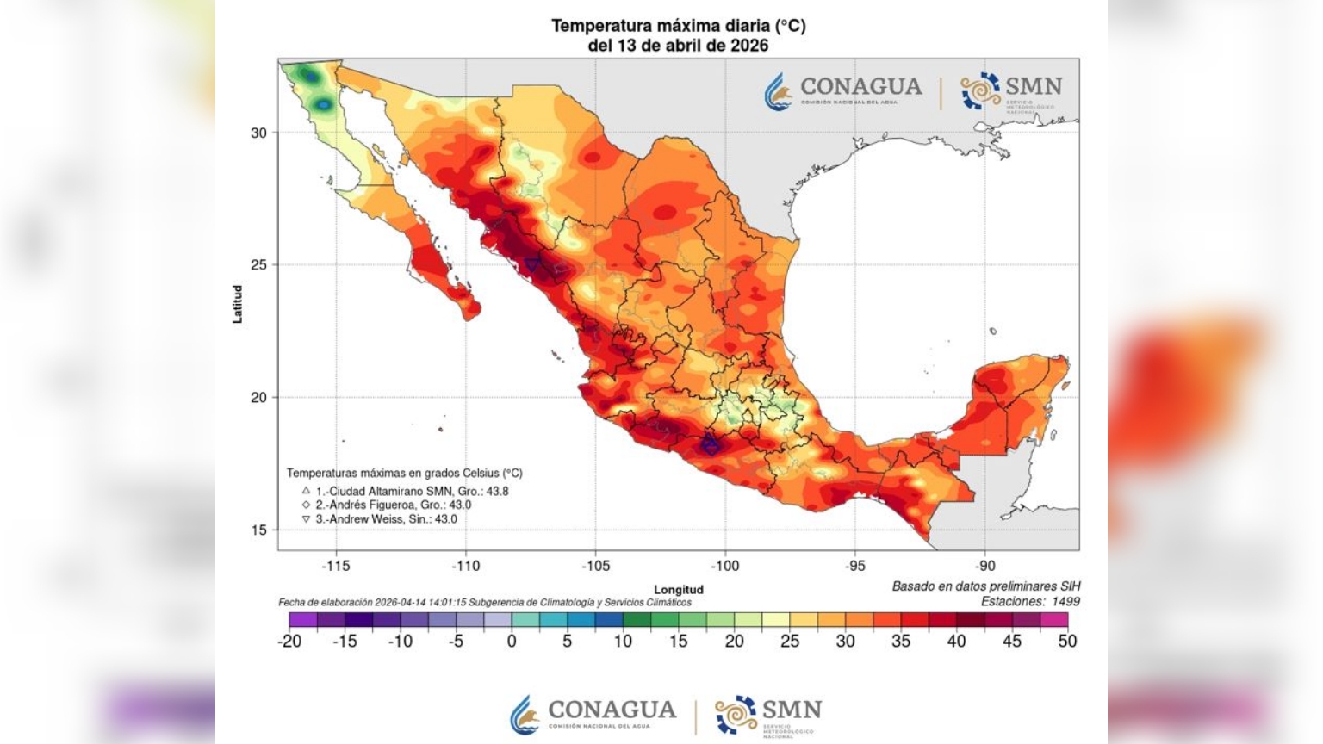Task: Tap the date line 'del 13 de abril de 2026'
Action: coord(678,46)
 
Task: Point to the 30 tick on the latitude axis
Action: coord(258,133)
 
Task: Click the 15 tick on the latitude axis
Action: coord(258,530)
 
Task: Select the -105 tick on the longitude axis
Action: coord(595,566)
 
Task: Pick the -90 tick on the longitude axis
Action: coord(984,566)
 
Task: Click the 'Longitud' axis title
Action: coord(678,589)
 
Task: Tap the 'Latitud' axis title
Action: coord(238,304)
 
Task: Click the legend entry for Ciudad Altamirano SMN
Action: coord(405,491)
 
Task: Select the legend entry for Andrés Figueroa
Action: coord(387,505)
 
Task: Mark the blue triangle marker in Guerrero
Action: coord(710,445)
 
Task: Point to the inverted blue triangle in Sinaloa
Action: coord(533,264)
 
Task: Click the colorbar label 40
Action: coord(956,641)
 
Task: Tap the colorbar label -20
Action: coord(290,641)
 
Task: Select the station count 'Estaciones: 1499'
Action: coord(1030,602)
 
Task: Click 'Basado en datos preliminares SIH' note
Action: coord(985,586)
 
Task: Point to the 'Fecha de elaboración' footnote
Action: coord(484,602)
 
